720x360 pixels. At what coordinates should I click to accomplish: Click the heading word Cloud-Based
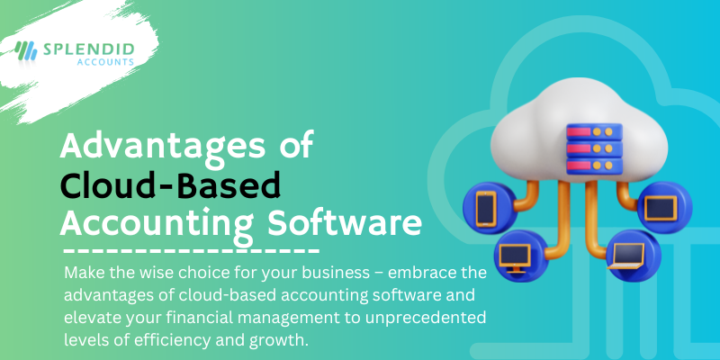coord(171,184)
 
